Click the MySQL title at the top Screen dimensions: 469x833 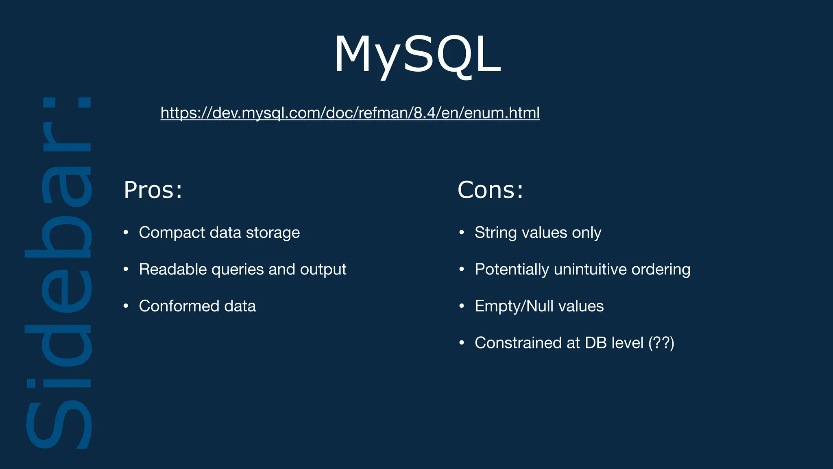[417, 55]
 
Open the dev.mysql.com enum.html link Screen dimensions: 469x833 [350, 113]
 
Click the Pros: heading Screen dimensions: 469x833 [153, 190]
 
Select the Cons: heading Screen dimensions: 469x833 [490, 190]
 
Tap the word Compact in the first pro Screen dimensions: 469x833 [172, 233]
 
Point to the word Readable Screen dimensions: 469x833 [172, 270]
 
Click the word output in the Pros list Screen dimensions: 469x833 [323, 270]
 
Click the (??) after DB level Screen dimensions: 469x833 [661, 343]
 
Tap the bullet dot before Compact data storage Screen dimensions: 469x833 [126, 232]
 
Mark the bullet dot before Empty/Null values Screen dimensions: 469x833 [462, 306]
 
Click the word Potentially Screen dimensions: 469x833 [512, 270]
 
